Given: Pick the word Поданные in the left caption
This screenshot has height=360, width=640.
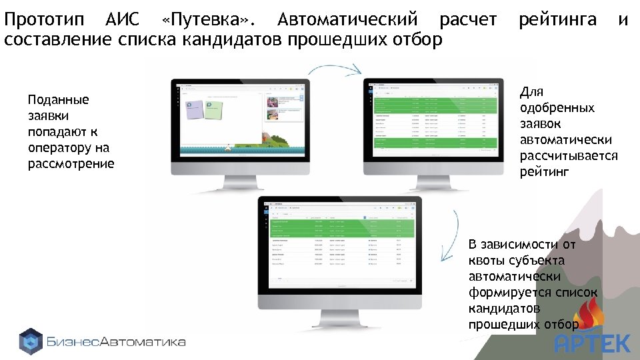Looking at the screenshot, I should point(59,100).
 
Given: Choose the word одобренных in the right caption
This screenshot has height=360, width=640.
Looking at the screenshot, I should point(557,108).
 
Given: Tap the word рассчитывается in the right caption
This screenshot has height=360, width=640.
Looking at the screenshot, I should point(569,156).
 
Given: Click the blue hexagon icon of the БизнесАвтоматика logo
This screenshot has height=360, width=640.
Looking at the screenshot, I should point(31,342).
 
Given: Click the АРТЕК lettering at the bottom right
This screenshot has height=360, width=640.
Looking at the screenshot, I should point(592,343).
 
